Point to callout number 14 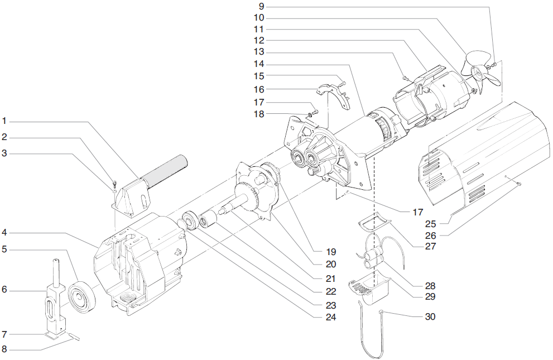[x=258, y=64]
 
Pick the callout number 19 [x=316, y=251]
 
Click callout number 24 [x=315, y=316]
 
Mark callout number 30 [x=430, y=316]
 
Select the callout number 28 [x=430, y=285]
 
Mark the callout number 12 [x=258, y=41]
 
